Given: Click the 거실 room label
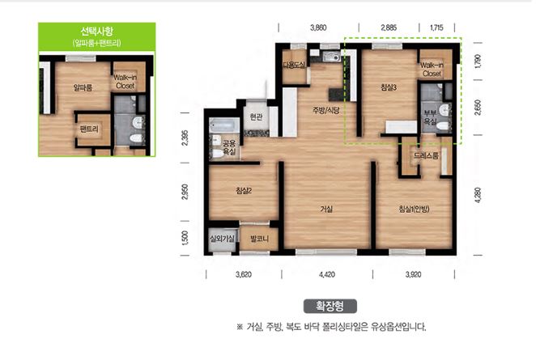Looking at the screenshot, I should [x=326, y=209].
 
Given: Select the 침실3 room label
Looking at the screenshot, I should [x=388, y=87].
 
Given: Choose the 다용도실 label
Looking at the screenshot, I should [x=293, y=65].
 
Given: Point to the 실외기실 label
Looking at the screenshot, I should [x=222, y=239].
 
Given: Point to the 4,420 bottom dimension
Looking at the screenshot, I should [x=326, y=274].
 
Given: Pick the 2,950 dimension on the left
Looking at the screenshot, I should [x=185, y=192].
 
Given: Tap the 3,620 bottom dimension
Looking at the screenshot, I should [x=243, y=274].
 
